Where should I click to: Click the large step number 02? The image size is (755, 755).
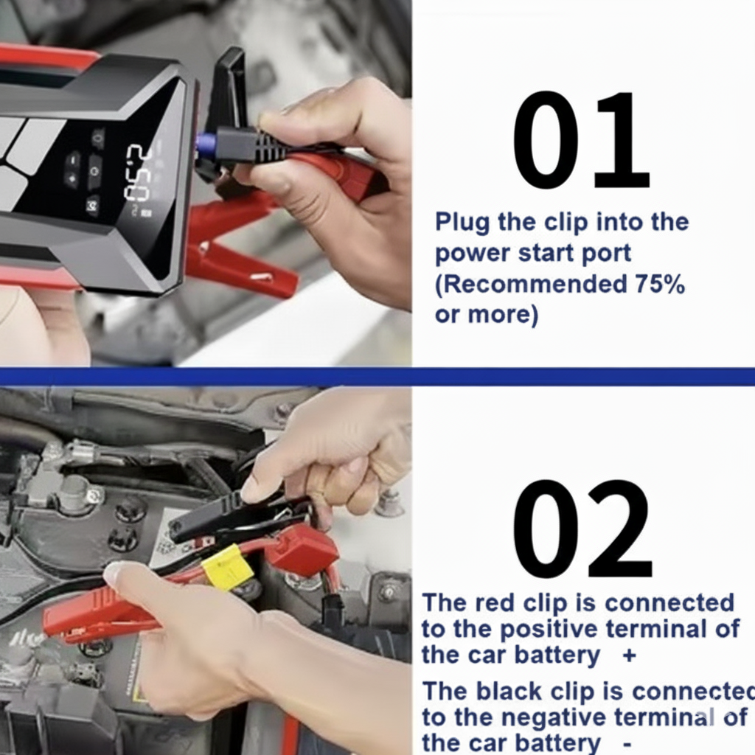pyautogui.click(x=582, y=529)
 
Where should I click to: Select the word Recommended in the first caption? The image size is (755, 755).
pyautogui.click(x=531, y=284)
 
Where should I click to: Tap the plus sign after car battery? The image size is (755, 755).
pyautogui.click(x=630, y=655)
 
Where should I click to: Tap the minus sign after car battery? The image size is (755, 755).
pyautogui.click(x=627, y=744)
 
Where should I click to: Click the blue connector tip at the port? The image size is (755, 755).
pyautogui.click(x=206, y=142)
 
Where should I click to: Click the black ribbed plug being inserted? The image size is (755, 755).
pyautogui.click(x=251, y=145)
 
